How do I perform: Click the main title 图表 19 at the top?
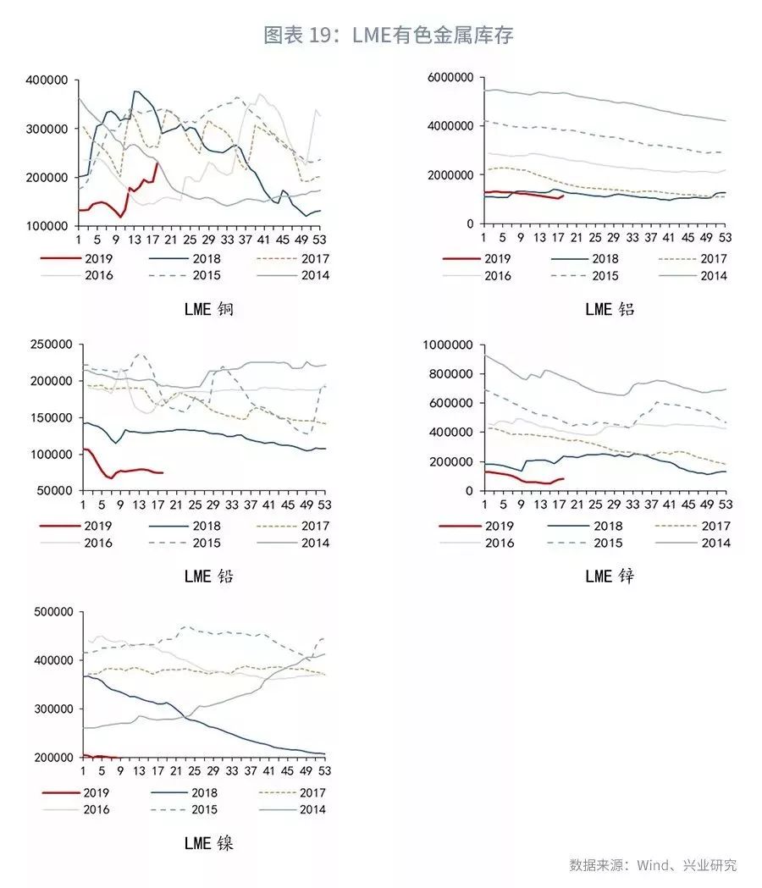click(x=389, y=35)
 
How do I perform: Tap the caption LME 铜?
click(x=208, y=310)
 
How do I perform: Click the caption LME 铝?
click(x=610, y=310)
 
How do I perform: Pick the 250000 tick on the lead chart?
click(x=50, y=345)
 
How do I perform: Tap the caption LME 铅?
click(x=208, y=577)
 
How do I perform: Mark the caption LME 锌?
click(x=610, y=577)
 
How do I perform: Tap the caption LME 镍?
click(x=208, y=844)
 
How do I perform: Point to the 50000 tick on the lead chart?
click(x=53, y=491)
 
